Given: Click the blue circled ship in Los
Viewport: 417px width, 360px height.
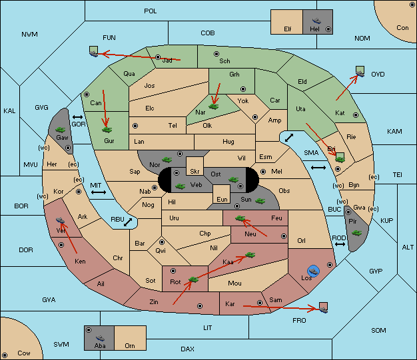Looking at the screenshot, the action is tap(314, 271).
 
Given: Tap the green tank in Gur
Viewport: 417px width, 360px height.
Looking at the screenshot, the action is tap(107, 130).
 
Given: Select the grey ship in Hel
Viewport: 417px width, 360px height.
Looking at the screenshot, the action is tap(316, 21).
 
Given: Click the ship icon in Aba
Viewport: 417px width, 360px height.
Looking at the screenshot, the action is tap(100, 338).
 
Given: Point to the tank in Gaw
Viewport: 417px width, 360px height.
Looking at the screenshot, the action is tap(61, 130).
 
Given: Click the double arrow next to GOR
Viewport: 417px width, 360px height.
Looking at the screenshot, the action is tap(78, 117).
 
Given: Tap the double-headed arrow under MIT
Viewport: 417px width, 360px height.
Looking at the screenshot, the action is tap(99, 192).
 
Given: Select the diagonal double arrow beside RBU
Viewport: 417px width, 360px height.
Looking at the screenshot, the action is tap(128, 222).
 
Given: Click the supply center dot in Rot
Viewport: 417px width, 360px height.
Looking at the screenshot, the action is tap(173, 271).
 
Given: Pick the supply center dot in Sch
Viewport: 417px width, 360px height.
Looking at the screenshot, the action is tap(216, 54).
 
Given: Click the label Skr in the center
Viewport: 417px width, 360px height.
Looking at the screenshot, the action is tap(195, 172).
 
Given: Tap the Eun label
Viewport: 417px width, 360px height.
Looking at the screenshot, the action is tap(222, 199).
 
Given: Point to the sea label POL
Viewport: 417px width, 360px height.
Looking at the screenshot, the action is tap(151, 11).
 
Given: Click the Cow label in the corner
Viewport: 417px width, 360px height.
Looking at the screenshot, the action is tap(24, 353).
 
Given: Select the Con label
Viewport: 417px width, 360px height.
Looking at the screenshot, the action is tap(402, 28).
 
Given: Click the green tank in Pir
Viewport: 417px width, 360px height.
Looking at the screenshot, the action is tap(356, 233).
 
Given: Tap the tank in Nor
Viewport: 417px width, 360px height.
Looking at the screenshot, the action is tap(167, 160).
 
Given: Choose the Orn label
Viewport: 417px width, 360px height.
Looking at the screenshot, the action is tap(130, 345).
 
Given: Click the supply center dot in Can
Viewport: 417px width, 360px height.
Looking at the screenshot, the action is tap(87, 94).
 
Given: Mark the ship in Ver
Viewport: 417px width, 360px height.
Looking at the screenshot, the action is tap(61, 220).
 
